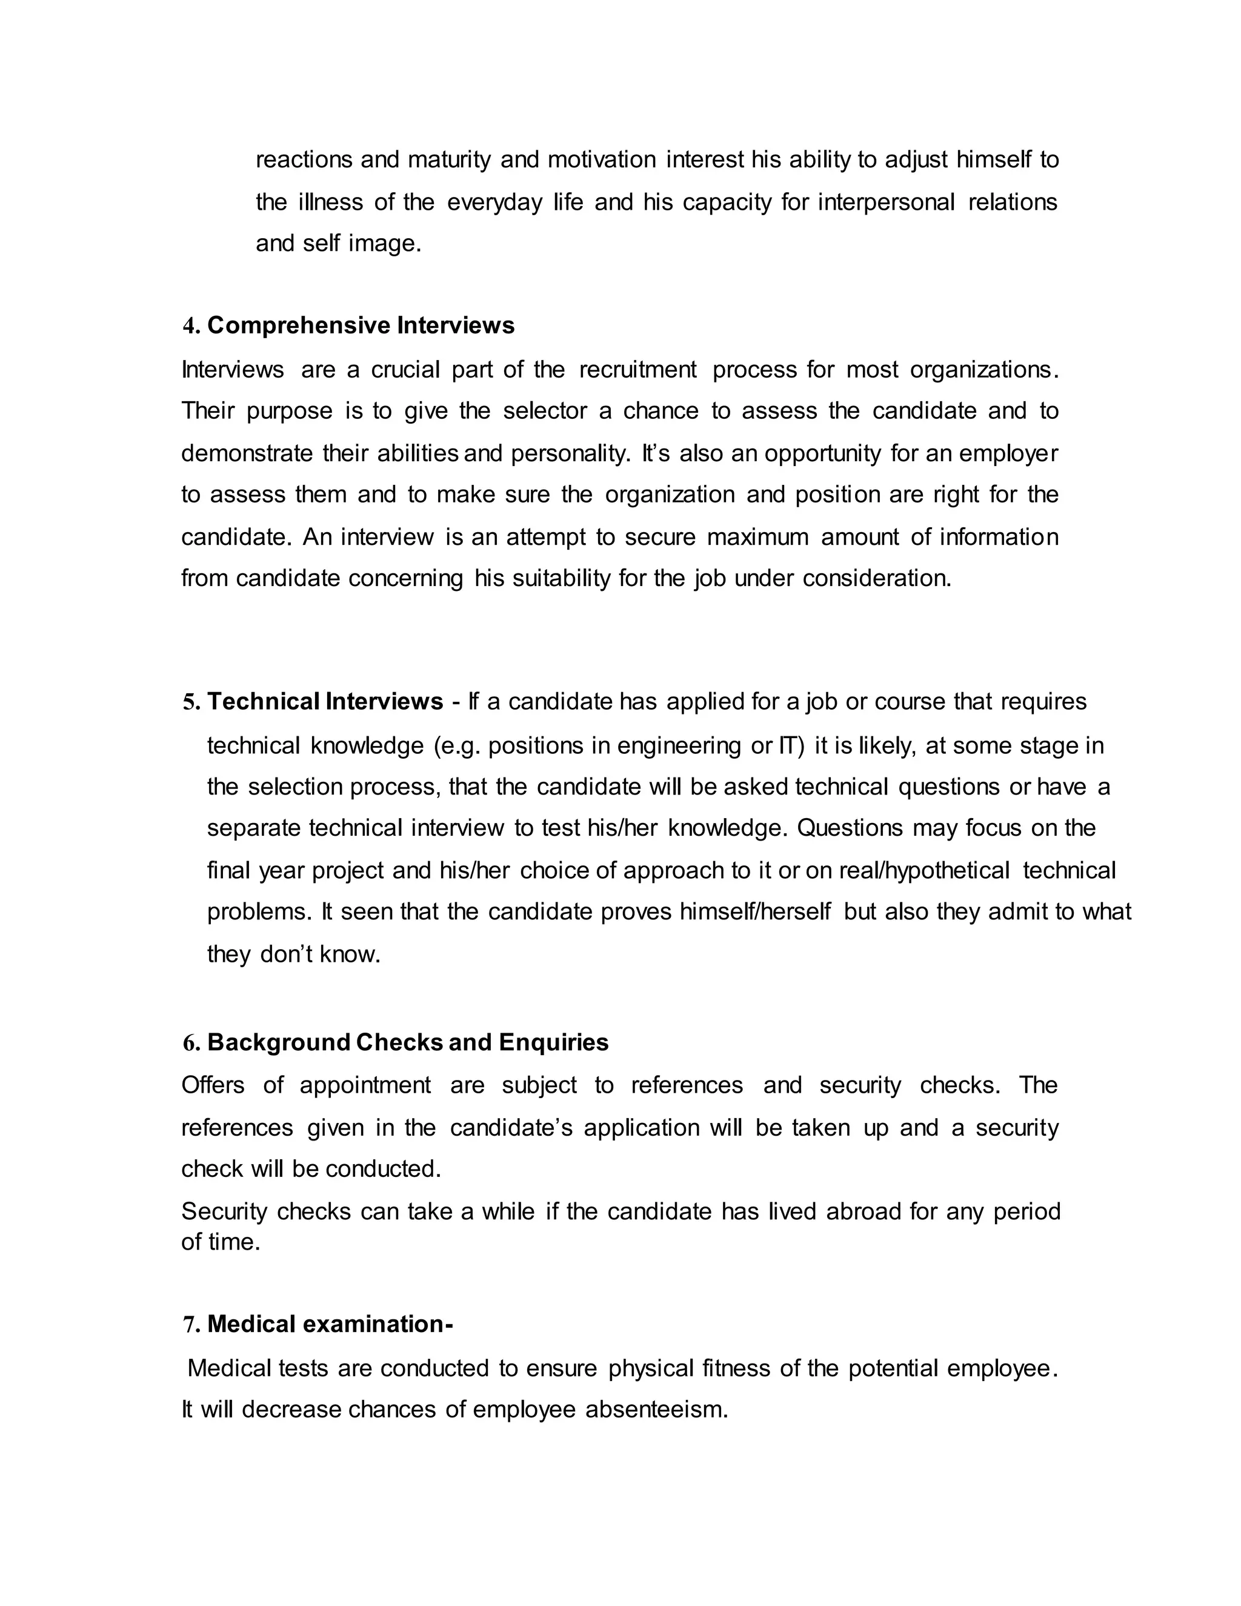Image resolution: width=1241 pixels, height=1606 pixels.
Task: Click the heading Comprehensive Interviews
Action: pos(361,325)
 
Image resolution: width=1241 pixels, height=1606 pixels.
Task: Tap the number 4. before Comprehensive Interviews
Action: pos(191,327)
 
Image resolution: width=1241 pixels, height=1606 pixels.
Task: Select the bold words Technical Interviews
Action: pos(325,702)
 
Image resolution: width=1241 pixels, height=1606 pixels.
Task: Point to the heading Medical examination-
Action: pos(330,1324)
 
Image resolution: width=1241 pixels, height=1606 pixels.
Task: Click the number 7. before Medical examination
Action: pos(191,1325)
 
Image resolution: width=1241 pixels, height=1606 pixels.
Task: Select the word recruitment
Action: pos(637,369)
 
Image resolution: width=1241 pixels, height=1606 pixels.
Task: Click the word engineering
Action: pos(679,745)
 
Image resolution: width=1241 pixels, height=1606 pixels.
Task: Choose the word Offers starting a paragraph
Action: pos(213,1085)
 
